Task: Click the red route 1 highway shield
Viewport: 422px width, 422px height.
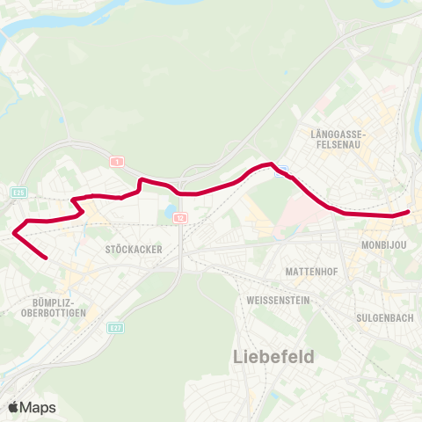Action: (115, 162)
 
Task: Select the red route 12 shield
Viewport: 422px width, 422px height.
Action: (178, 217)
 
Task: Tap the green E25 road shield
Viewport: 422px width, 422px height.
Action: (18, 191)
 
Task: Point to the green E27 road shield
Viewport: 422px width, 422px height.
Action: (115, 327)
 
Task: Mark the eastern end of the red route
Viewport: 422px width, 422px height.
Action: (409, 211)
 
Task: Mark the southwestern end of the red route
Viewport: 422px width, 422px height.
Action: (46, 258)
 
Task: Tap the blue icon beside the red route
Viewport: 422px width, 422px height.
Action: (280, 173)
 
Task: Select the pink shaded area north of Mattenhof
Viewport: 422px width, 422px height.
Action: (290, 220)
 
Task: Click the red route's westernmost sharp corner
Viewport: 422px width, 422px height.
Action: (15, 233)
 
